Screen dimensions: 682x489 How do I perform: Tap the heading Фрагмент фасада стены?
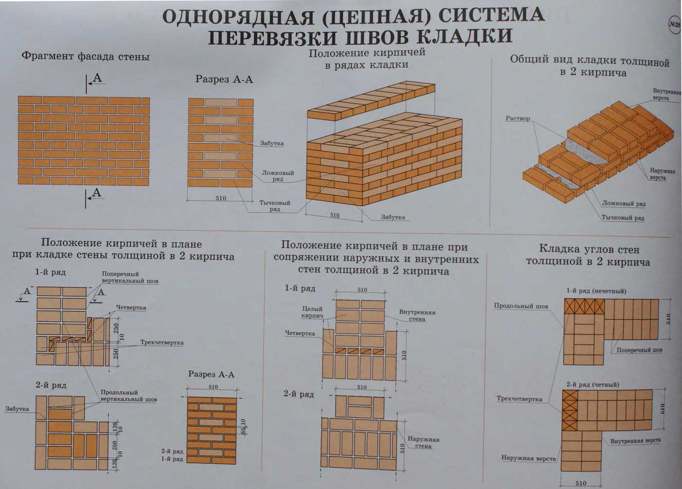86,57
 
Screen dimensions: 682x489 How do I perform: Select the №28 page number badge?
675,24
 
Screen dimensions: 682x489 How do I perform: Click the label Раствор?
517,118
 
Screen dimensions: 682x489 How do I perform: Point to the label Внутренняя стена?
417,315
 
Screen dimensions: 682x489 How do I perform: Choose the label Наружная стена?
423,442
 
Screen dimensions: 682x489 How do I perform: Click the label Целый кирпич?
312,313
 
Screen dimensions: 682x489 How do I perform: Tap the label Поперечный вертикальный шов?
130,277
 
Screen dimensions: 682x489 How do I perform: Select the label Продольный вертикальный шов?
129,395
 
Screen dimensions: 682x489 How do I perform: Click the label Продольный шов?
521,306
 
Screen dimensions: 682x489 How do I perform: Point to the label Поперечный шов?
639,350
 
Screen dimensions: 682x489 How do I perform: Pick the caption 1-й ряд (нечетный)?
596,291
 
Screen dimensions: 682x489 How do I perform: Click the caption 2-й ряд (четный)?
592,385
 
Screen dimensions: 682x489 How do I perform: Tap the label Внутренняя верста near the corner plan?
635,441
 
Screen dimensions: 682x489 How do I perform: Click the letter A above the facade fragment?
97,78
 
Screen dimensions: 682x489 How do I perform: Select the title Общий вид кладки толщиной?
590,60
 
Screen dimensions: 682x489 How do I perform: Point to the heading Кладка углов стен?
589,249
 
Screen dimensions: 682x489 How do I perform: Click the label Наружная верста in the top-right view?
658,174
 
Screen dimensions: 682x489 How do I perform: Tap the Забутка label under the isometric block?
393,217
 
